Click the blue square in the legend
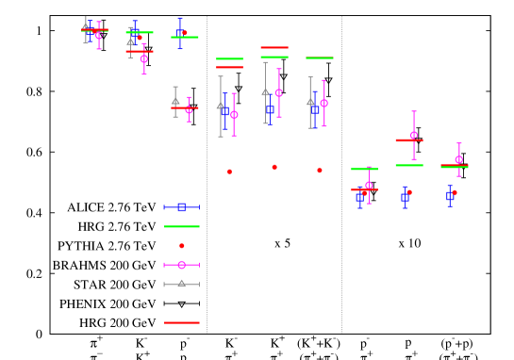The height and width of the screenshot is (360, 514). pos(181,207)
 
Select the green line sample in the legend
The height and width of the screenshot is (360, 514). pos(181,226)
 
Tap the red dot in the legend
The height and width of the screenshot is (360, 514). pos(182,246)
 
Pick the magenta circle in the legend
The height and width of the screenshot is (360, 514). pos(181,265)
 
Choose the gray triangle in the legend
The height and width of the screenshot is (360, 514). pos(181,283)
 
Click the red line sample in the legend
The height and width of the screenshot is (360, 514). pos(181,322)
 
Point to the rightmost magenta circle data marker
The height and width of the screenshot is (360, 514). pos(459,159)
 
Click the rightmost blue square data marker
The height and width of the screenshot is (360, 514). pos(450,197)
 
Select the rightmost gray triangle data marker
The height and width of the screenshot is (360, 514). pos(310,102)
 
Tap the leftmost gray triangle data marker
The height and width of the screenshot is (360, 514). pos(85,26)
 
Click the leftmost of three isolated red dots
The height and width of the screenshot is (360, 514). pos(229,172)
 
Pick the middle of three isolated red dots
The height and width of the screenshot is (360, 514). pos(274,167)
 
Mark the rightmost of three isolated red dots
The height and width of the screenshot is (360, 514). pos(320,171)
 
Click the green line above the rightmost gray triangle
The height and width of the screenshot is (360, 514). pos(320,57)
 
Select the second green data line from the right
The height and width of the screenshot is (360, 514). pos(408,165)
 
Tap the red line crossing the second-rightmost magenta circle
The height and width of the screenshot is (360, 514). pos(408,140)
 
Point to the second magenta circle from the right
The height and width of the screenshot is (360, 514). pos(414,135)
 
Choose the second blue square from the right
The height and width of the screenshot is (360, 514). pos(405,198)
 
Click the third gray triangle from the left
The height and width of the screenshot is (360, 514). pos(175,101)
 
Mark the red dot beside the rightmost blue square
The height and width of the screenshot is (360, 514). pos(455,192)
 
